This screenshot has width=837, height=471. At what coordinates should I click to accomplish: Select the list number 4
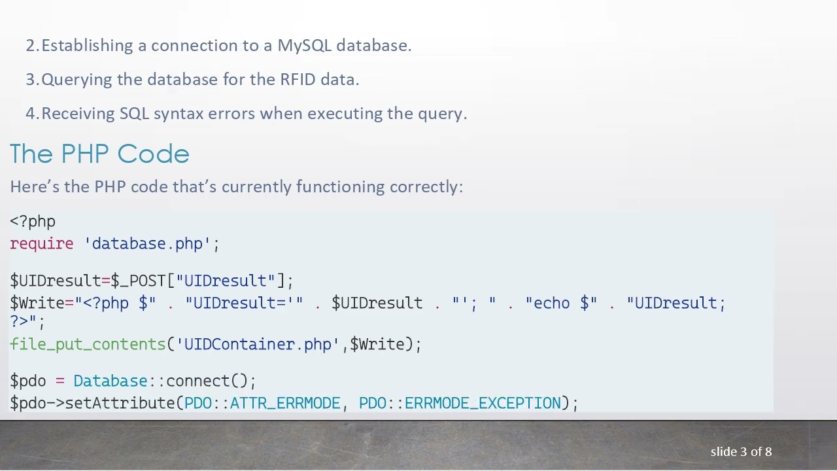(x=31, y=114)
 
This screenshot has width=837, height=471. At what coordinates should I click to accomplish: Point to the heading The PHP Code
(x=99, y=154)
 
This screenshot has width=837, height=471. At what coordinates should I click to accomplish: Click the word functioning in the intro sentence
(x=340, y=187)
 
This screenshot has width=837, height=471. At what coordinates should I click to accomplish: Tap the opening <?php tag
(x=33, y=222)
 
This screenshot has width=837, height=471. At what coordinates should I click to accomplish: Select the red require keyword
(x=41, y=244)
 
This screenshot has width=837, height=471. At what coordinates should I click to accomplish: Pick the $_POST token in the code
(x=139, y=281)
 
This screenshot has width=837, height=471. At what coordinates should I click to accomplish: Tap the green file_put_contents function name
(x=88, y=345)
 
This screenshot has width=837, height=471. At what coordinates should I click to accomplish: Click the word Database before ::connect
(x=110, y=381)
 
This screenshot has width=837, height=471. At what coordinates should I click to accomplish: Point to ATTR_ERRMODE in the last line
(x=284, y=404)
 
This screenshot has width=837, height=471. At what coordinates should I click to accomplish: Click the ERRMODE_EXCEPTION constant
(x=483, y=404)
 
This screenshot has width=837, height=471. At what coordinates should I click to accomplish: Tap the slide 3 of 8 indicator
(x=741, y=452)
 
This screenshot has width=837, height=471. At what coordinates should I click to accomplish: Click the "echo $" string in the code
(x=561, y=304)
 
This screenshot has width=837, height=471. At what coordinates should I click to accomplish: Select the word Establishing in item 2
(x=87, y=46)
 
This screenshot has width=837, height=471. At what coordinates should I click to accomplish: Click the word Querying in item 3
(x=77, y=80)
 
